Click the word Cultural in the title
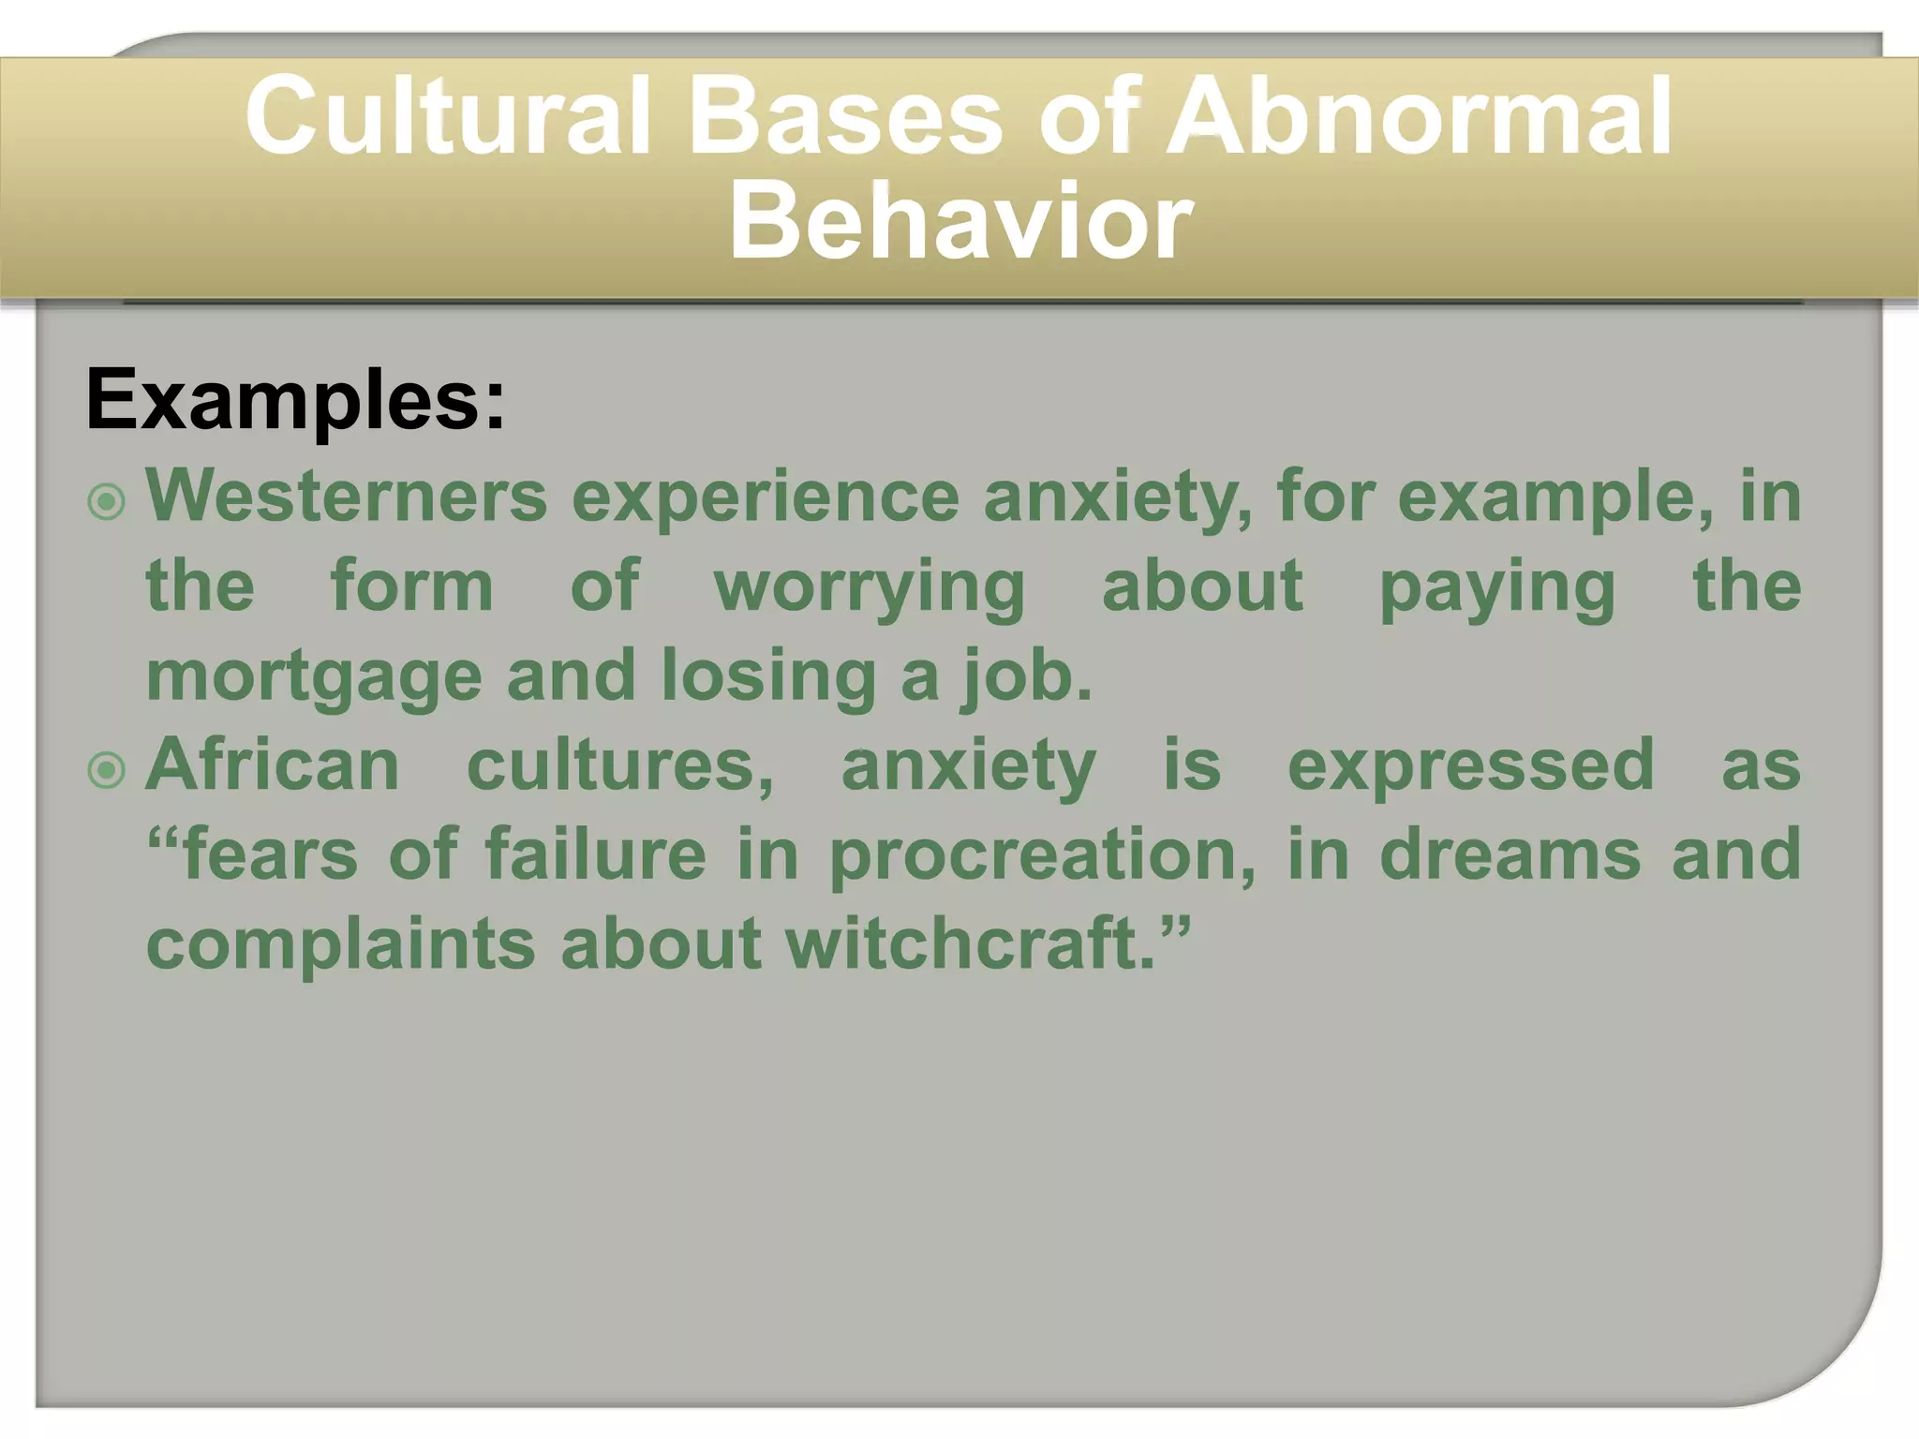tap(447, 117)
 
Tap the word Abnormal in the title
tap(1418, 117)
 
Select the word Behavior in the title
tap(960, 223)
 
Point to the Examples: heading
tap(295, 401)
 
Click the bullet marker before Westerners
tap(106, 502)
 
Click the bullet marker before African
tap(106, 771)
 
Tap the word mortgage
tap(314, 676)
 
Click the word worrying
tap(870, 588)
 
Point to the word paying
tap(1496, 588)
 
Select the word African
tap(273, 764)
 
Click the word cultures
tap(619, 764)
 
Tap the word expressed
tap(1470, 766)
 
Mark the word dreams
tap(1510, 854)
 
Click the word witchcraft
tap(974, 943)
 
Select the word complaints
tap(341, 945)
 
